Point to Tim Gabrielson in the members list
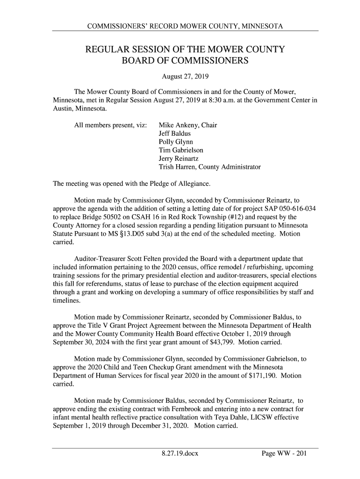point(181,151)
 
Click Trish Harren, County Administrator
point(209,167)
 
